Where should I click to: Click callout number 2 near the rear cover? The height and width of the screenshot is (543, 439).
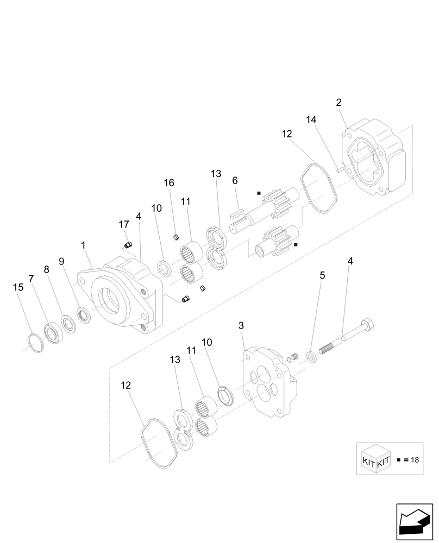coord(338,102)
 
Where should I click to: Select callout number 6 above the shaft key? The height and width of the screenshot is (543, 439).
coord(235,180)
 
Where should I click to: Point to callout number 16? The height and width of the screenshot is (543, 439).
coord(170,183)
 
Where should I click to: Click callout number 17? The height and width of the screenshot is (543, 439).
coord(124,224)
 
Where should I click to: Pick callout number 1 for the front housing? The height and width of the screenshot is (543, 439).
coord(83,245)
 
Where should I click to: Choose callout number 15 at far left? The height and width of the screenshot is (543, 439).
coord(18,287)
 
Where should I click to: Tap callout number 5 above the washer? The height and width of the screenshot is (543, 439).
coord(322,276)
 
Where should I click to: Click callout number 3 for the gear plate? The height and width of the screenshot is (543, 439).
coord(241,326)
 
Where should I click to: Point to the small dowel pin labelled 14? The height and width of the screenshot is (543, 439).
coord(339,169)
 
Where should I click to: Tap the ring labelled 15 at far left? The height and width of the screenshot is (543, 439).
coord(35,343)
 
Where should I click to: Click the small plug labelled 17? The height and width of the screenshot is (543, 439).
coord(129,245)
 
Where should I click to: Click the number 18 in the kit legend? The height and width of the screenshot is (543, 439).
coord(415,460)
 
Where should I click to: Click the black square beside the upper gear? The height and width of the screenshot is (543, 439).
coord(259,193)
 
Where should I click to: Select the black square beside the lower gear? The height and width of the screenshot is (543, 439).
coord(296,245)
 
